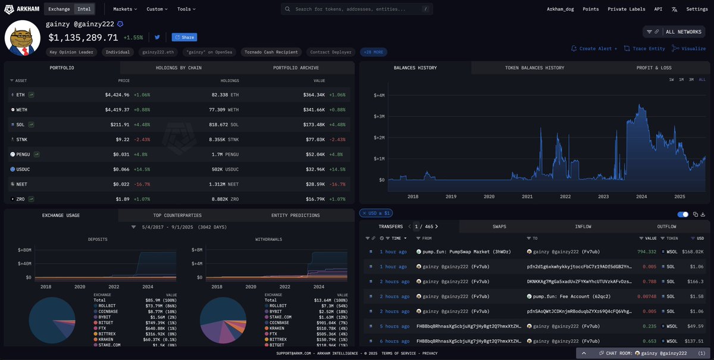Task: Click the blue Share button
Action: point(184,37)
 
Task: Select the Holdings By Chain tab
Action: point(178,68)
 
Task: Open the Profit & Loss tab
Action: point(654,68)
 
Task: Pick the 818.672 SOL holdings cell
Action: point(224,124)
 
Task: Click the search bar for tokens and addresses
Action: point(357,10)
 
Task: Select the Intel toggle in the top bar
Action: point(84,10)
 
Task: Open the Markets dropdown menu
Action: point(125,10)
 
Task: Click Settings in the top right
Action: point(697,10)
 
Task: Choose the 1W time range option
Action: point(671,80)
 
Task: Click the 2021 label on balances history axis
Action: point(527,196)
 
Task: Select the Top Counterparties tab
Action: point(178,215)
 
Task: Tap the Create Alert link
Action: point(594,49)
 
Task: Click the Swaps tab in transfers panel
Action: point(499,227)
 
